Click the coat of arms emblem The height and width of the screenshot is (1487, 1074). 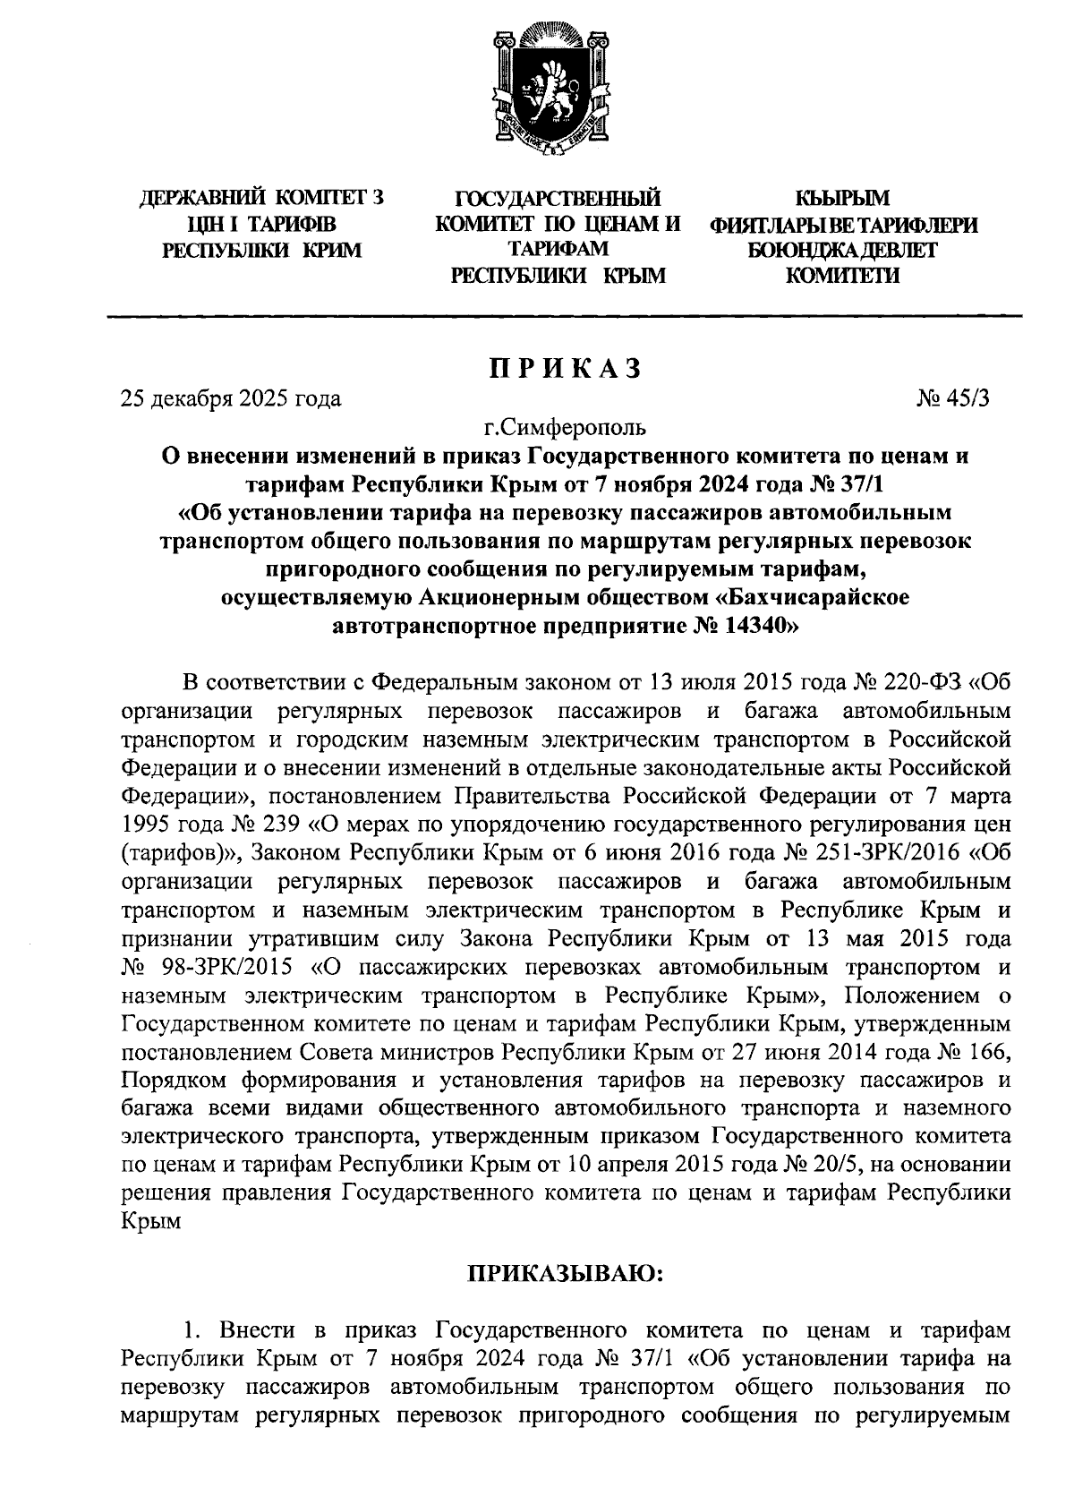click(537, 90)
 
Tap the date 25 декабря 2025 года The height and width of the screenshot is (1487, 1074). click(231, 398)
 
